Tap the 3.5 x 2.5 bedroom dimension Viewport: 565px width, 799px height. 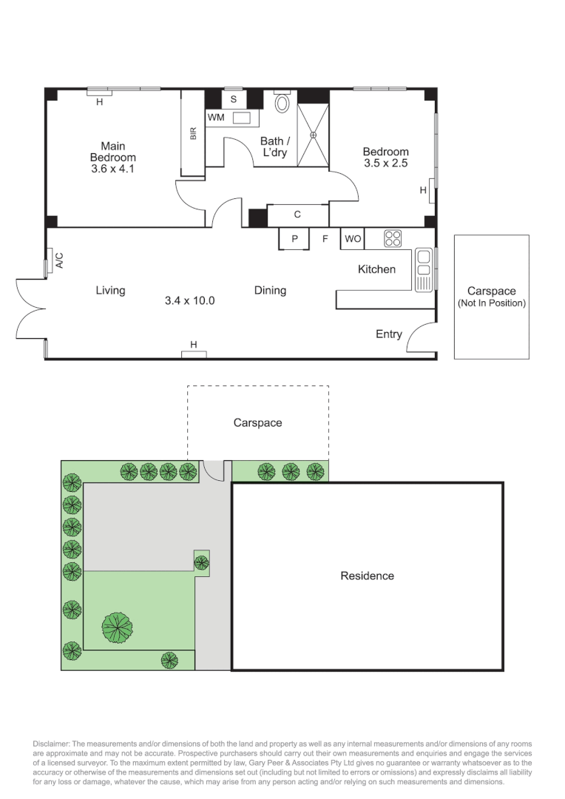(x=385, y=163)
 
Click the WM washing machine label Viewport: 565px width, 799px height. (x=215, y=118)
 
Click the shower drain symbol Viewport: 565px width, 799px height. (x=314, y=135)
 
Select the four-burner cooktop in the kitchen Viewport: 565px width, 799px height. (x=393, y=238)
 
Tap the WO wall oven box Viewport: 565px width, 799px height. (x=351, y=238)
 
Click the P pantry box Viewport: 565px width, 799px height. (x=294, y=238)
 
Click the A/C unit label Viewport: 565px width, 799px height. (x=59, y=260)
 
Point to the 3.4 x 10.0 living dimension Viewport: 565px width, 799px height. (x=189, y=300)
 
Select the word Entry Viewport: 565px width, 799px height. (x=388, y=334)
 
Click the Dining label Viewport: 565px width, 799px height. (x=270, y=291)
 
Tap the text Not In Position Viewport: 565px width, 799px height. (x=492, y=303)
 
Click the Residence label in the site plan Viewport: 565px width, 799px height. (x=367, y=576)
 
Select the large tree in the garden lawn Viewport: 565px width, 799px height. (x=117, y=627)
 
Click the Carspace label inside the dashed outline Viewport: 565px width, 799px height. (x=257, y=423)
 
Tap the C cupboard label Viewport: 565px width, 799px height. (x=297, y=215)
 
